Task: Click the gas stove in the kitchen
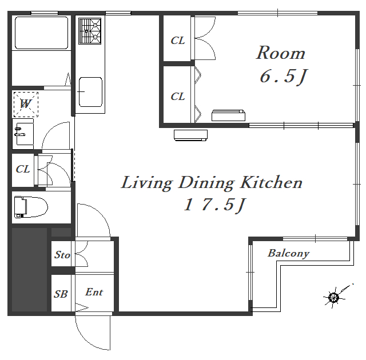pyautogui.click(x=90, y=31)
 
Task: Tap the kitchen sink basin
pyautogui.click(x=90, y=92)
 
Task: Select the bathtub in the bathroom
pyautogui.click(x=42, y=33)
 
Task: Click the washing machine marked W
pyautogui.click(x=26, y=104)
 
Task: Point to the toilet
pyautogui.click(x=31, y=207)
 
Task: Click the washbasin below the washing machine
pyautogui.click(x=23, y=134)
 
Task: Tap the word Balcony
pyautogui.click(x=288, y=254)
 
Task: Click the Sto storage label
pyautogui.click(x=62, y=255)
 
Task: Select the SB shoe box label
pyautogui.click(x=61, y=294)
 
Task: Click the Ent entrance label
pyautogui.click(x=94, y=292)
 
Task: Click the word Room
pyautogui.click(x=281, y=53)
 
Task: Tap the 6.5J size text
pyautogui.click(x=284, y=77)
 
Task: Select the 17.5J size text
pyautogui.click(x=215, y=205)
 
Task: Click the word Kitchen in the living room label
pyautogui.click(x=272, y=182)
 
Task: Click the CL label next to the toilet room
pyautogui.click(x=23, y=169)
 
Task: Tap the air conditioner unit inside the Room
pyautogui.click(x=228, y=115)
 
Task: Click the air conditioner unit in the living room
pyautogui.click(x=190, y=135)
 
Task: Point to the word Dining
pyautogui.click(x=206, y=183)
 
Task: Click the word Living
pyautogui.click(x=147, y=183)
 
